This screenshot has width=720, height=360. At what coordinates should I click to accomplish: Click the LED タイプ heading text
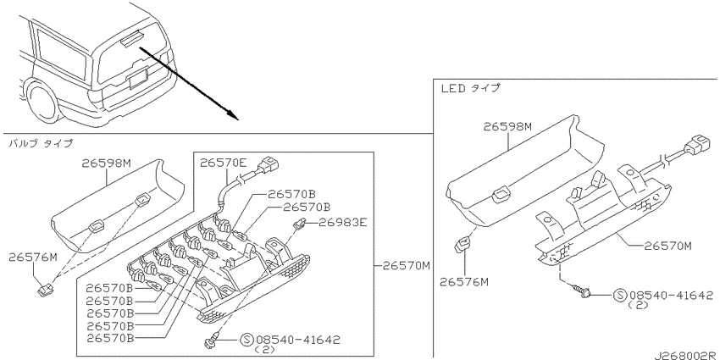click(470, 88)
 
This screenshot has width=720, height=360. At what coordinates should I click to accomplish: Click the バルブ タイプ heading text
click(41, 144)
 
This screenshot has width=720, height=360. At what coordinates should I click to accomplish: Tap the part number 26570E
click(223, 163)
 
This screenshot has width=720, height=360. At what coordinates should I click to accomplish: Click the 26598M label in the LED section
click(507, 127)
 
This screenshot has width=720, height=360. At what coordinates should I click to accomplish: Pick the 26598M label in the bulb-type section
click(107, 163)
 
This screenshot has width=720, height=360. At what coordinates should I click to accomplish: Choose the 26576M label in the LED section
click(464, 281)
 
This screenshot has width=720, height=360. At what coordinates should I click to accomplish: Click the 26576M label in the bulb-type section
click(32, 258)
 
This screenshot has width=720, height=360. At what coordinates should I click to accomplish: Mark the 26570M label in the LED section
click(667, 246)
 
